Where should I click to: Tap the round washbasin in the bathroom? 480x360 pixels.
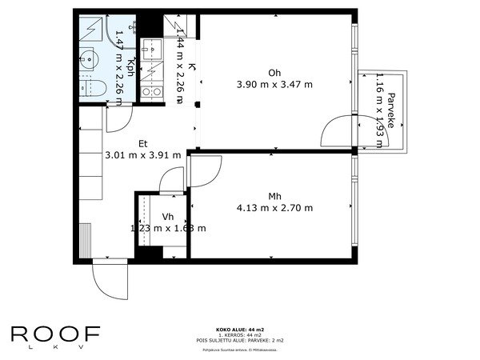pos(90,57)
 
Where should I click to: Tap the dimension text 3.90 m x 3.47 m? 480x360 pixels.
pos(274,84)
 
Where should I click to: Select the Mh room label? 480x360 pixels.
pos(274,196)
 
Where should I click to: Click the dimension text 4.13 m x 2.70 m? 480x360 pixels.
pos(274,208)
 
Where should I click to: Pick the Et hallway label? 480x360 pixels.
pos(143,144)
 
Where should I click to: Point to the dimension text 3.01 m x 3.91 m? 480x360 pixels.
pos(143,156)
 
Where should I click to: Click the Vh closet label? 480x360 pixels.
pos(168,217)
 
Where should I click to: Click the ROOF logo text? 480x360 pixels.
pos(56,334)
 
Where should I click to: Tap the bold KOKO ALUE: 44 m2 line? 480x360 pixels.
pos(239,329)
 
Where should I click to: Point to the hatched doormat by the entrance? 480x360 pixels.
pos(86,238)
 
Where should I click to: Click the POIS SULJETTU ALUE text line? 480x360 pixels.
pos(239,340)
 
